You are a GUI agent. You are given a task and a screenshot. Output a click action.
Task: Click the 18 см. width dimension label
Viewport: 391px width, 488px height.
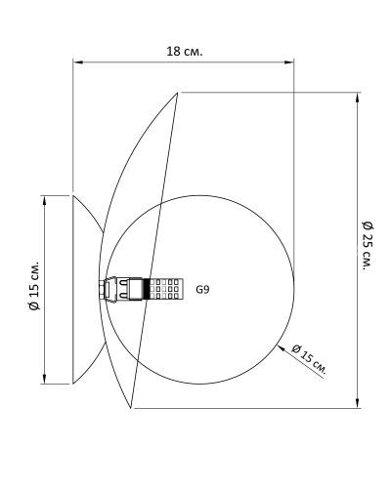(x=185, y=51)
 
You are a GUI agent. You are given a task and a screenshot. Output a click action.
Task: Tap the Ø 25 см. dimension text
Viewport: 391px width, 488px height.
(x=368, y=246)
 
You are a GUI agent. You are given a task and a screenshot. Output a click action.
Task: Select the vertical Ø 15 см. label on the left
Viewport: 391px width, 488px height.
(x=33, y=285)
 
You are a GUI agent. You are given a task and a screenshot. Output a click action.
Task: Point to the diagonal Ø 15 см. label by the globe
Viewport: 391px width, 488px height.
(x=309, y=358)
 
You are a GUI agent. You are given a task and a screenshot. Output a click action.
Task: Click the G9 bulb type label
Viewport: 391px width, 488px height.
(x=202, y=289)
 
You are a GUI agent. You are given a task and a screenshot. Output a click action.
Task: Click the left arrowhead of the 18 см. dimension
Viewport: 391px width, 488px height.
(x=77, y=61)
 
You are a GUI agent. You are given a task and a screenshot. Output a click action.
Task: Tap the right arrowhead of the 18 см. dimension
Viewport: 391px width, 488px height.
(x=289, y=61)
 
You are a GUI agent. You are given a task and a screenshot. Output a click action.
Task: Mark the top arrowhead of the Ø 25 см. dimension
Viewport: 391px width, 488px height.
(x=358, y=98)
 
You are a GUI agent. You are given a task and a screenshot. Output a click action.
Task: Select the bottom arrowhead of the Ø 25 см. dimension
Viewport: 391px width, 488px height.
(x=358, y=403)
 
